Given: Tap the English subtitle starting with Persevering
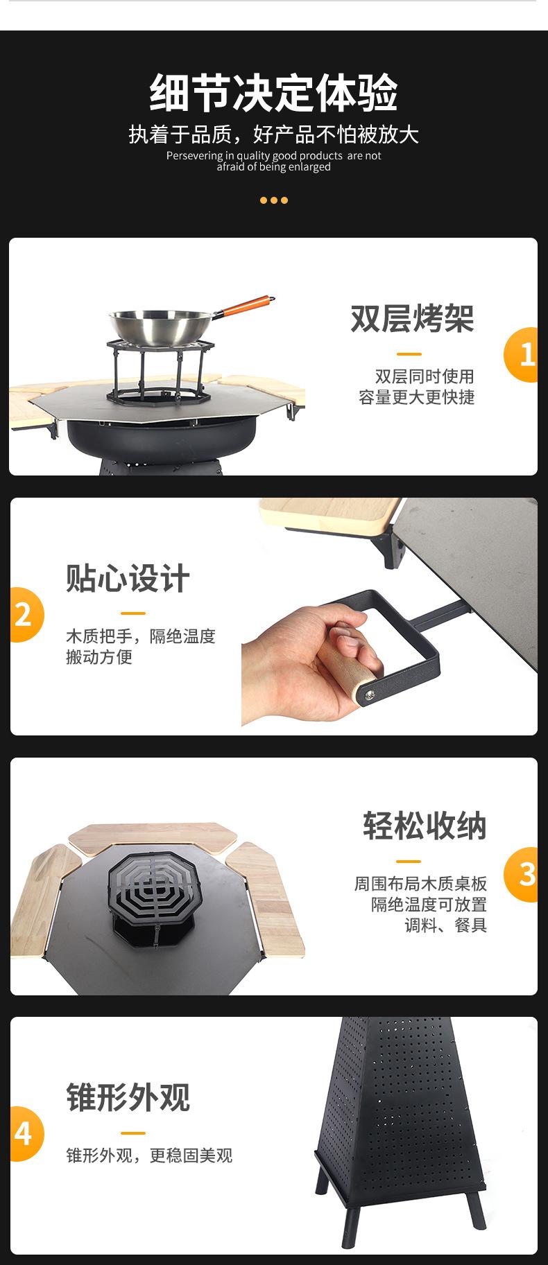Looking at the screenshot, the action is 273,161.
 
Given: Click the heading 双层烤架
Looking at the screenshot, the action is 412,318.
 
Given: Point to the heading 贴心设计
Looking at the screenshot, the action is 128,578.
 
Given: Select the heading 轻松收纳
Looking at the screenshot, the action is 425,826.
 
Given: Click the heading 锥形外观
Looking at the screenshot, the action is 128,1097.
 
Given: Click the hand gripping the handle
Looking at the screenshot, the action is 309,662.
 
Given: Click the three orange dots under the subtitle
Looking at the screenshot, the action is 273,200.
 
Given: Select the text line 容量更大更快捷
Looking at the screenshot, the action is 416,397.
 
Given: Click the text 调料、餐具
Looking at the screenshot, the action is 445,925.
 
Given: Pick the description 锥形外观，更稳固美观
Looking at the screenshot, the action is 149,1155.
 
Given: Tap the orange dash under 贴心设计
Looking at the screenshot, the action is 133,613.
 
